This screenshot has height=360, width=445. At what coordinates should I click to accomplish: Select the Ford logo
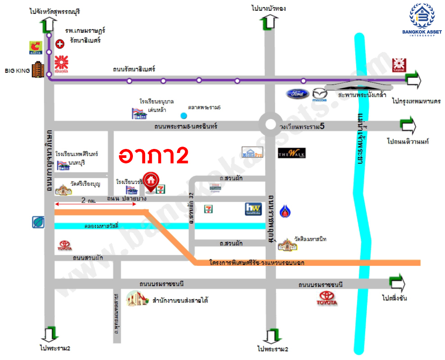(x=297, y=94)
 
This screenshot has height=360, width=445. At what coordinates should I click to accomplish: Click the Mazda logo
(x=319, y=94)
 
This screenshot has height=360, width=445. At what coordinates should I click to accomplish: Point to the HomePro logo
(x=252, y=152)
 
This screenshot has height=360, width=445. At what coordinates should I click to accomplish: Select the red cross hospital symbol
(x=59, y=44)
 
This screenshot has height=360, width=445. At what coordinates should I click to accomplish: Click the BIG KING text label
(x=16, y=71)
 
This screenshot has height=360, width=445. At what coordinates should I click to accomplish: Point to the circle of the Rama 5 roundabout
(x=270, y=125)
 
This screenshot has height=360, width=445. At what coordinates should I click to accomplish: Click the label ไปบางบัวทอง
(x=269, y=9)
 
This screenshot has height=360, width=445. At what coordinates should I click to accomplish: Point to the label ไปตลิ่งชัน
(x=394, y=298)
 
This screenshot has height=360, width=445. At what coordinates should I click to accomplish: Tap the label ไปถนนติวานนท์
(x=408, y=141)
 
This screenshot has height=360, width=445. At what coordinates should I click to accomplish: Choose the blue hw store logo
(x=253, y=209)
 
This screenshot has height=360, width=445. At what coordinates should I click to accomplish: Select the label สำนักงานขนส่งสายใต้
(x=180, y=300)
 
